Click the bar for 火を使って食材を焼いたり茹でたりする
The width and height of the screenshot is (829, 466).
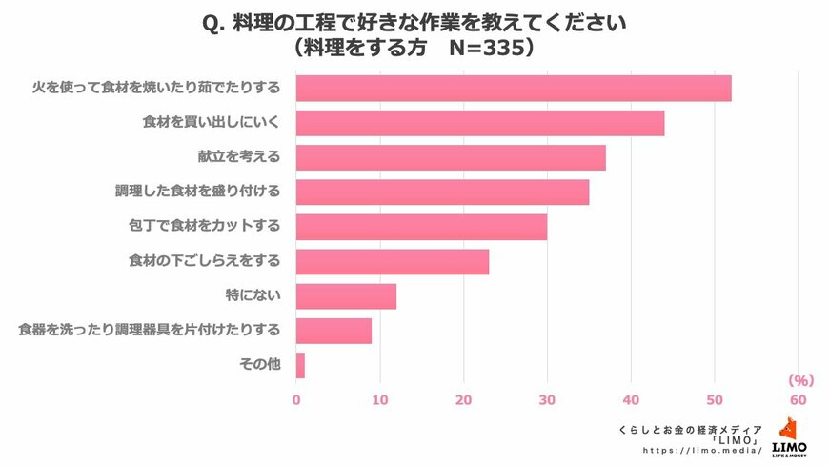(514, 88)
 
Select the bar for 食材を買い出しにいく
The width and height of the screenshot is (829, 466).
(480, 123)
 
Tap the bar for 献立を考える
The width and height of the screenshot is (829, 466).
(451, 157)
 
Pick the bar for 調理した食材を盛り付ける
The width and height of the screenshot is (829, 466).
(442, 192)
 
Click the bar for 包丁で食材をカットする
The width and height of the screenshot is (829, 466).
(421, 227)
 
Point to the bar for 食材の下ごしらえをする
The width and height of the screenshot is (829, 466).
(393, 261)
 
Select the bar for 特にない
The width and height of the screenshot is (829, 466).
(346, 296)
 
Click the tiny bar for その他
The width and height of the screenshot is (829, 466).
(300, 365)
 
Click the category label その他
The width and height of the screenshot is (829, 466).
(258, 365)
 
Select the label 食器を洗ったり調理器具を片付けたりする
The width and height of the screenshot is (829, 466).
(150, 331)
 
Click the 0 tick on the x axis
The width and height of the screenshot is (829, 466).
(296, 398)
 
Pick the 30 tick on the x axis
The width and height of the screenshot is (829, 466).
(547, 398)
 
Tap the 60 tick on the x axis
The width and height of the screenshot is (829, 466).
(798, 398)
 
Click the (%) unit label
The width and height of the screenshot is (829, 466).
(799, 380)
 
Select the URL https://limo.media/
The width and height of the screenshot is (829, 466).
(703, 450)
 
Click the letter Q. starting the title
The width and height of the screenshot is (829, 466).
(214, 21)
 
